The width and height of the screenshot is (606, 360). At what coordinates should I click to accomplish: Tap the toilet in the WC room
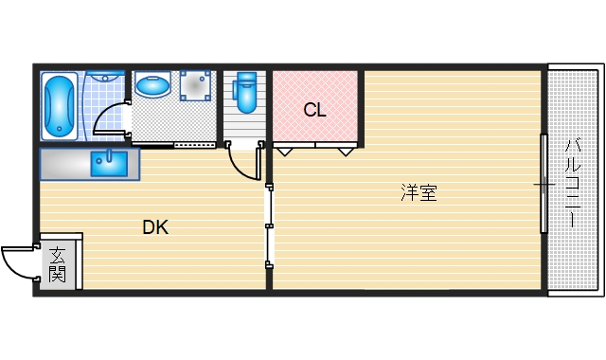click(246, 96)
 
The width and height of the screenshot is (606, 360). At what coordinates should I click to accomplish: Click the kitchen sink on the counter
click(110, 163)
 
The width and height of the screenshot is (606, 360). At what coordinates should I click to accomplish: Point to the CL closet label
click(314, 110)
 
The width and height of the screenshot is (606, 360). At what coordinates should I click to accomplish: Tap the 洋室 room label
click(418, 194)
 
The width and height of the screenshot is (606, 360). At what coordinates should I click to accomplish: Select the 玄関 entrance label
click(58, 264)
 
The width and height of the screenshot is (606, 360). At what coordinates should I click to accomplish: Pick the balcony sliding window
click(543, 184)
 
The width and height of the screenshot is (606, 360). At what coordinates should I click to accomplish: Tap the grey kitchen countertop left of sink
click(64, 163)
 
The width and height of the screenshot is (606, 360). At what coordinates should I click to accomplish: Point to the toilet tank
click(246, 79)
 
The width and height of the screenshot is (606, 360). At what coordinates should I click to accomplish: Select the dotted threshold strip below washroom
click(195, 145)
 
